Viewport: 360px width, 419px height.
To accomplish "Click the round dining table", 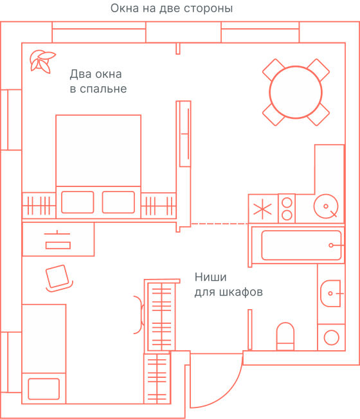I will pos(296,93).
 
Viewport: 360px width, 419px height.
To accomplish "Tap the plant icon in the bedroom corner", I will pos(41,60).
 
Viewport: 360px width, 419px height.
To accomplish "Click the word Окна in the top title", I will pos(124,8).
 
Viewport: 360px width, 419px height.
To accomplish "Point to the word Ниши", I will pos(210,278).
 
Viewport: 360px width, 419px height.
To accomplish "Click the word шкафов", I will pos(240,292).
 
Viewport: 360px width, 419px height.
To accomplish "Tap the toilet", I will pos(285,336).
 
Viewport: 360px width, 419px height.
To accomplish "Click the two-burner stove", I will pos(286,208).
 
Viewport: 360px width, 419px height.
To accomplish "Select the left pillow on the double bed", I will pos(77,202).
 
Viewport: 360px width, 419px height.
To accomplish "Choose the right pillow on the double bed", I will pos(118,202).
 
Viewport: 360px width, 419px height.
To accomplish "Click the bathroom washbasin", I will pos(332,293).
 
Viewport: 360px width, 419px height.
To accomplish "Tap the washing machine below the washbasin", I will pos(332,337).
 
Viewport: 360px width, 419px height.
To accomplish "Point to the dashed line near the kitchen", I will pos(219,224).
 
